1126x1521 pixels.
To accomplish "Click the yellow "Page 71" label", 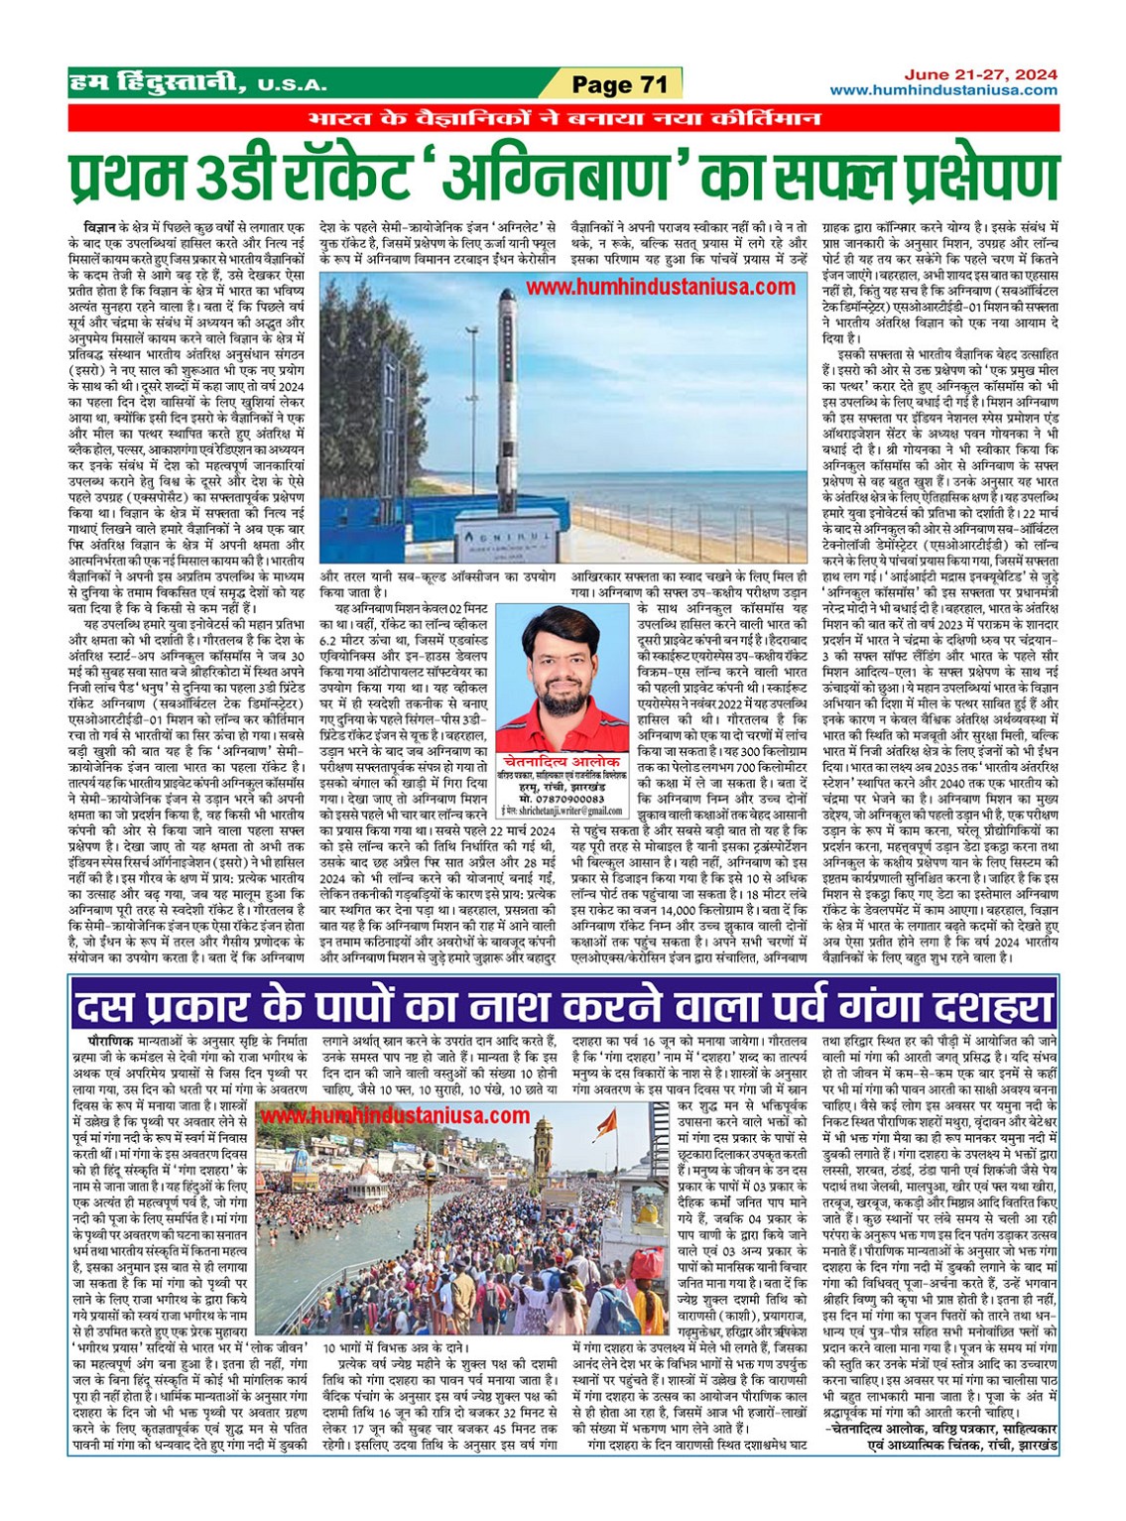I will (619, 84).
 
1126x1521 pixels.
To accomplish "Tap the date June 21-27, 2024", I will (980, 74).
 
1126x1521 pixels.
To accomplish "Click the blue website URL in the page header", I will (943, 90).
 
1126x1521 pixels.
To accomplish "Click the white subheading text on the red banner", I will (563, 118).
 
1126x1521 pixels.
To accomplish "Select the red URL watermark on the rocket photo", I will (660, 287).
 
